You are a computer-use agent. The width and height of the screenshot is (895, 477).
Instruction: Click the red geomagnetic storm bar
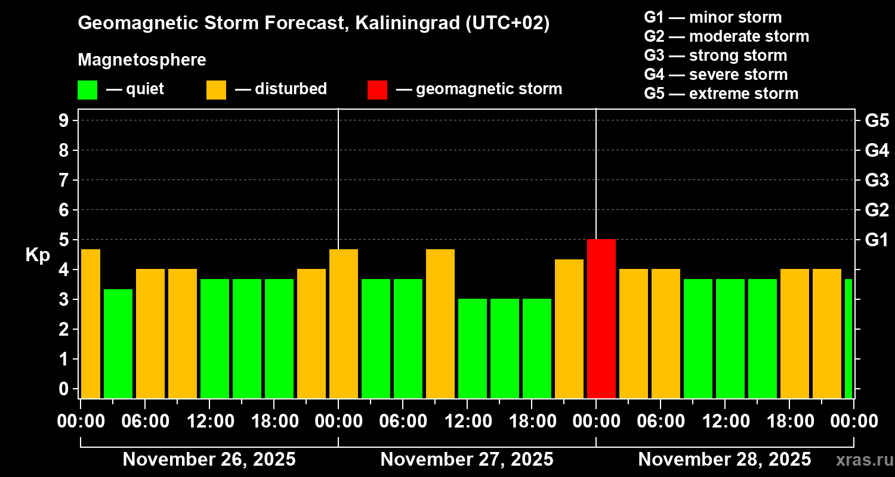point(601,318)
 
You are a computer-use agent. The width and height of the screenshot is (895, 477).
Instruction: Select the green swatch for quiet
point(87,89)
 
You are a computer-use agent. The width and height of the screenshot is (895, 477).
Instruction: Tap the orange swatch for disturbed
point(216,89)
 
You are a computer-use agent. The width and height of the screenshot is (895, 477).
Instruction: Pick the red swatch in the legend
point(377,89)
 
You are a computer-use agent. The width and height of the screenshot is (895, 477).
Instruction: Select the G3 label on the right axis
point(877,180)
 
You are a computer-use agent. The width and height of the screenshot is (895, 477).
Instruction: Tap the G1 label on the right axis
point(877,240)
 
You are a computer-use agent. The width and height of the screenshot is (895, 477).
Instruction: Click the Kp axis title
point(38,255)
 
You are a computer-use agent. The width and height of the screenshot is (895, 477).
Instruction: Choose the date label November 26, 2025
point(209,460)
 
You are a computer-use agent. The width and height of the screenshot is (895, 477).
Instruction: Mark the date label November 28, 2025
point(724,460)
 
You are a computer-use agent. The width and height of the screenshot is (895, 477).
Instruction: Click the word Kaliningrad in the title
point(408,24)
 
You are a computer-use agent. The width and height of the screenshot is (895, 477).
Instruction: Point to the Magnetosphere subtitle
point(142,60)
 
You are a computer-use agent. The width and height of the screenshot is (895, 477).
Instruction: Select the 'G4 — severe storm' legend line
point(716,75)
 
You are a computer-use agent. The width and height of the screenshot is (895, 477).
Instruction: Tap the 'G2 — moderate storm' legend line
point(727,36)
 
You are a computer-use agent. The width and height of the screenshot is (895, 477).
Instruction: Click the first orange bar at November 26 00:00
point(90,323)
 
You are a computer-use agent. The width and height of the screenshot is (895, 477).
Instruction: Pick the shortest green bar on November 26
point(118,343)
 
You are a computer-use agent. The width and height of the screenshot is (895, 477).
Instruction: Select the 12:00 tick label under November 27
point(467,422)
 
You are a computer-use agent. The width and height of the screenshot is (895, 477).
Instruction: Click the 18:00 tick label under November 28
point(789,422)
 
